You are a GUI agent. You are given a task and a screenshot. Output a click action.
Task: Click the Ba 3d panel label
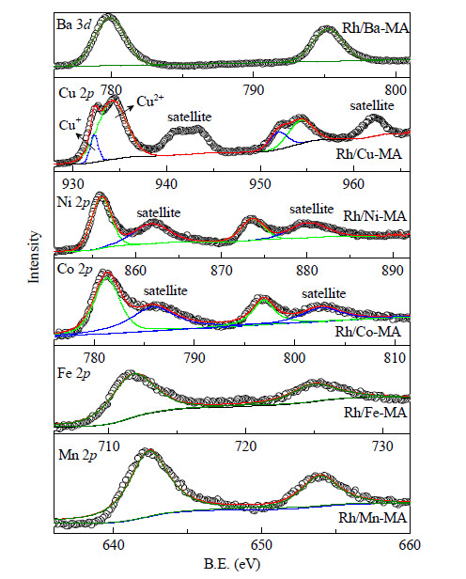pyautogui.click(x=74, y=24)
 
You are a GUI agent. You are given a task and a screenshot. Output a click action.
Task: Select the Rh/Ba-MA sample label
pyautogui.click(x=375, y=28)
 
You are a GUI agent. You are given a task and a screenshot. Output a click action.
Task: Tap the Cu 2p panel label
pyautogui.click(x=76, y=93)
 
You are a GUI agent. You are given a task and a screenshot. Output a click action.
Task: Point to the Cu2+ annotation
pyautogui.click(x=150, y=101)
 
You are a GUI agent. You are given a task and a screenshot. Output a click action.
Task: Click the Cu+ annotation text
pyautogui.click(x=70, y=124)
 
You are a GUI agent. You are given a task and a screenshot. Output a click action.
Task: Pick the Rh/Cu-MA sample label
pyautogui.click(x=368, y=153)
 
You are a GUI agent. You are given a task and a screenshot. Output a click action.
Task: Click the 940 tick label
pyautogui.click(x=166, y=183)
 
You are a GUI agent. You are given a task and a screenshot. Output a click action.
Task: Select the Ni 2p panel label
pyautogui.click(x=73, y=202)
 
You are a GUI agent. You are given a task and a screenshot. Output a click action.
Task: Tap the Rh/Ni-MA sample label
pyautogui.click(x=375, y=216)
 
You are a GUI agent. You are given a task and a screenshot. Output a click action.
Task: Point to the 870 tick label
pyautogui.click(x=222, y=271)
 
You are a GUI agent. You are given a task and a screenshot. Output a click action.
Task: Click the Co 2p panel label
pyautogui.click(x=74, y=269)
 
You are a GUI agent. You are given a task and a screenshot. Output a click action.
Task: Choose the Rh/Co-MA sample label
pyautogui.click(x=368, y=332)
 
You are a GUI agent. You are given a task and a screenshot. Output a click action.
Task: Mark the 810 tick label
pyautogui.click(x=395, y=357)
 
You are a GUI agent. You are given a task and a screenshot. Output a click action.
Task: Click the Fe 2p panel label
pyautogui.click(x=74, y=373)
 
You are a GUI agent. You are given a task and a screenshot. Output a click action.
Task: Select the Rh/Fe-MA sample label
pyautogui.click(x=375, y=413)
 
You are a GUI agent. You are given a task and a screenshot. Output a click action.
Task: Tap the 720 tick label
pyautogui.click(x=246, y=446)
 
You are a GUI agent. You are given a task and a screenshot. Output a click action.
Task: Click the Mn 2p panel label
pyautogui.click(x=78, y=455)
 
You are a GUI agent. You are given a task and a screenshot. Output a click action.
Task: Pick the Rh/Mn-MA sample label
pyautogui.click(x=373, y=518)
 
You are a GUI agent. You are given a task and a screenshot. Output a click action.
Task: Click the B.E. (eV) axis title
pyautogui.click(x=232, y=565)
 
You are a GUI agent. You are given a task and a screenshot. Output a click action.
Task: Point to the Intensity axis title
pyautogui.click(x=34, y=257)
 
